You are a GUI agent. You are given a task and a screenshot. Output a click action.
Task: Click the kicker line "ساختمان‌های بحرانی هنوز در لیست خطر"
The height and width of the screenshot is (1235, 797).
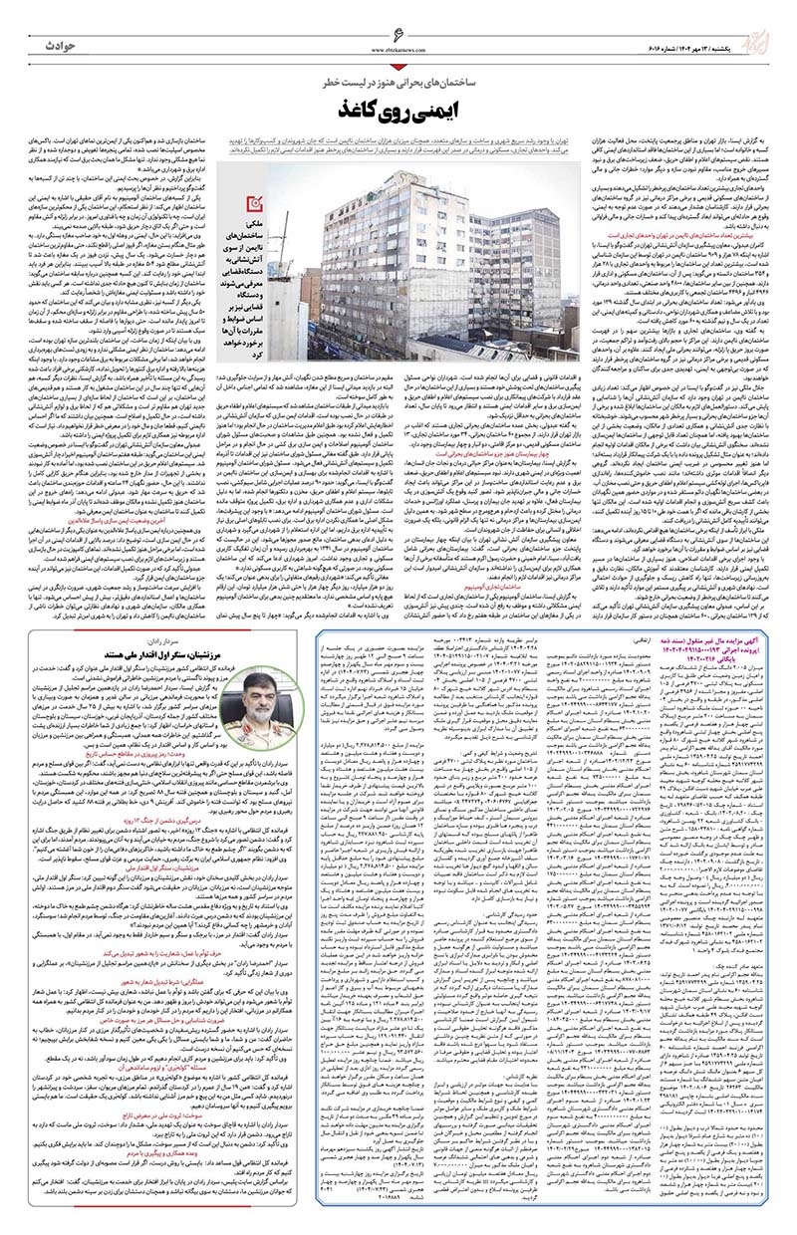(x=398, y=78)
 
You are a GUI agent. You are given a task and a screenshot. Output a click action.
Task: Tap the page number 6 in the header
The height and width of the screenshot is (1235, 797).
(x=399, y=38)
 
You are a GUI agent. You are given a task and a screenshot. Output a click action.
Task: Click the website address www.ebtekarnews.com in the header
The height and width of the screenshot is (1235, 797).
(x=399, y=51)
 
